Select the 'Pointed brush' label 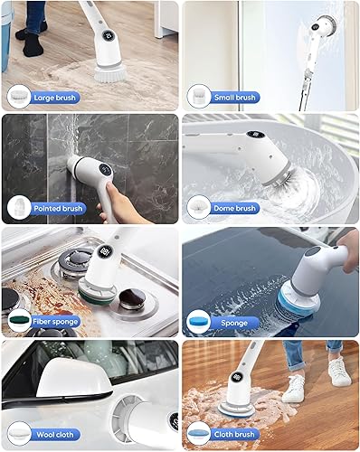point(59,208)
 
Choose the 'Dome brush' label point(235,208)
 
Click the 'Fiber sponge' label point(57,320)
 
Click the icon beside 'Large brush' point(19,95)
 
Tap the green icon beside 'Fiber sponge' point(19,320)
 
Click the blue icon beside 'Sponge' point(197,320)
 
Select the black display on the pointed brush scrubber point(102,168)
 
